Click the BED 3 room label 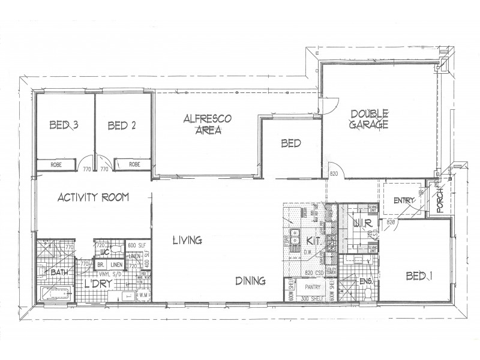(64, 125)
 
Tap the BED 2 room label (122, 125)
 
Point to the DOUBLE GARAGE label (370, 119)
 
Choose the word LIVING (187, 241)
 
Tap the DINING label (251, 280)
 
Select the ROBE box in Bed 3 (57, 164)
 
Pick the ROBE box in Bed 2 (132, 164)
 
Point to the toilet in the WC (100, 247)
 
